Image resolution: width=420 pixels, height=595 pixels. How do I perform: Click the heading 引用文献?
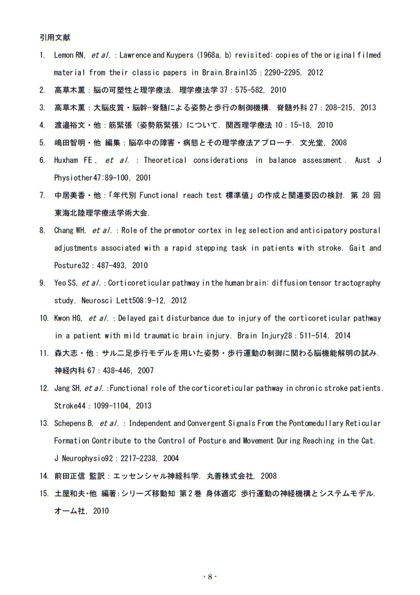coord(52,37)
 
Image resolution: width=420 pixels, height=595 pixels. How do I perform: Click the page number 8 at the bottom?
coord(210,576)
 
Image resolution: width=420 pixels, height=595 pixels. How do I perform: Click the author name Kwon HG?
coord(68,318)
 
